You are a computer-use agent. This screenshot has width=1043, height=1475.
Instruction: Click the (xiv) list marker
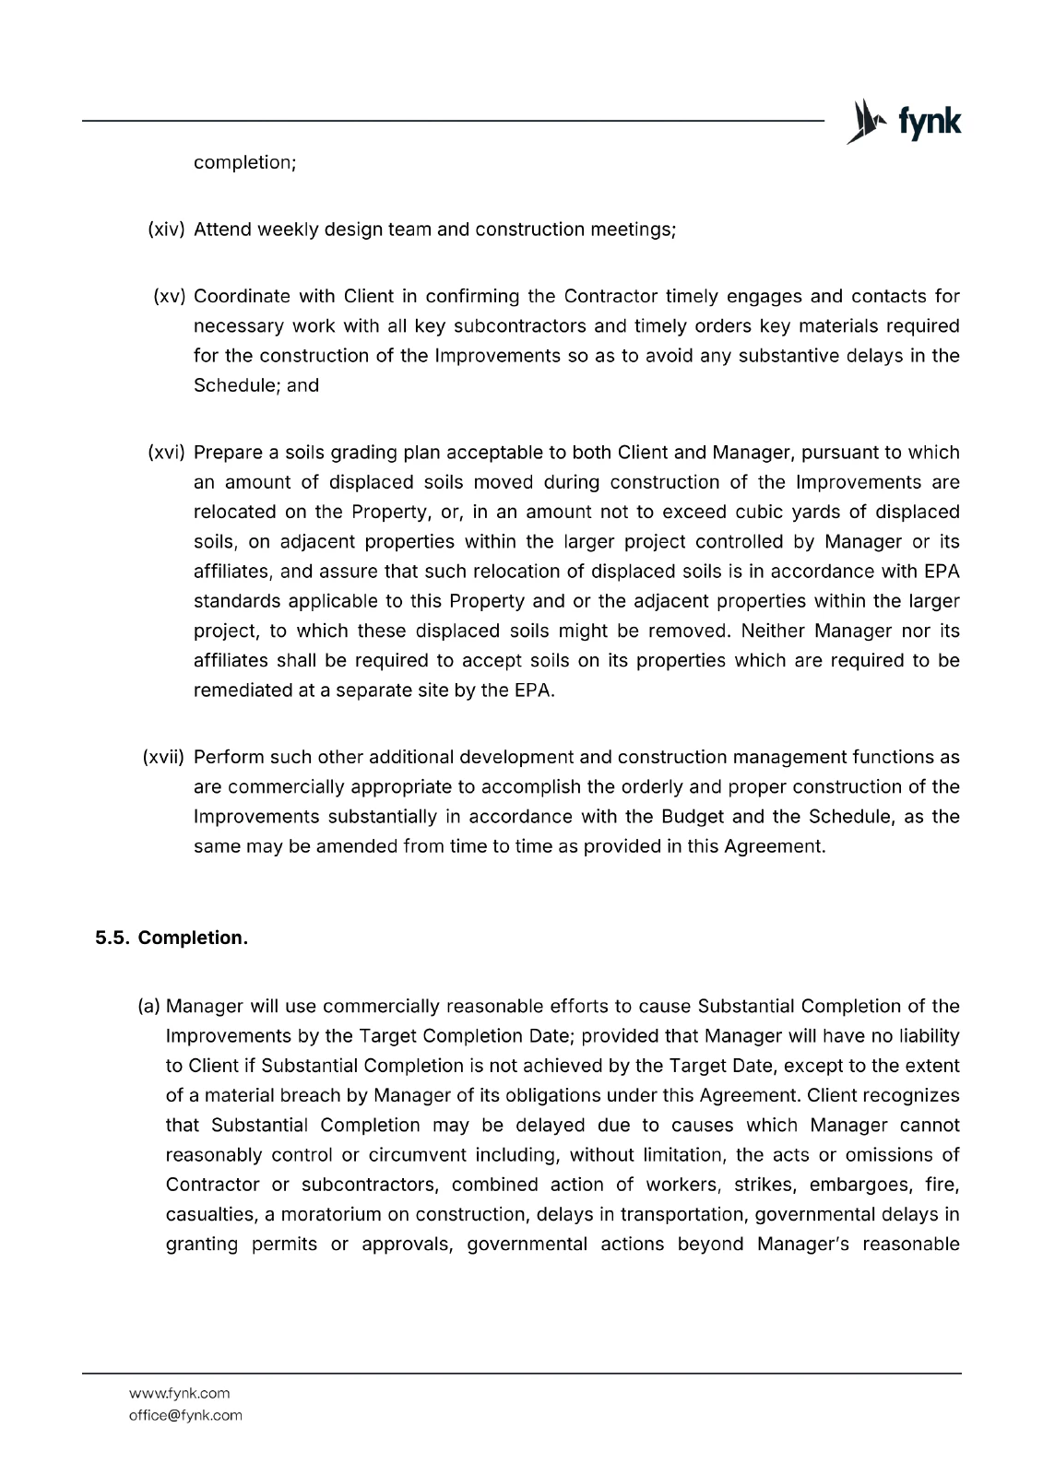click(x=167, y=230)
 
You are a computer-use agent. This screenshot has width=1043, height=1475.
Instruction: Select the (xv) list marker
click(x=170, y=296)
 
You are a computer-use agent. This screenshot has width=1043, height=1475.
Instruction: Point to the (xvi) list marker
click(x=167, y=453)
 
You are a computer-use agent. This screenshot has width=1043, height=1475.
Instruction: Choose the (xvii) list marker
click(x=164, y=757)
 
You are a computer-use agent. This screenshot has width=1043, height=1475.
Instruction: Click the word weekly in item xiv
click(x=287, y=230)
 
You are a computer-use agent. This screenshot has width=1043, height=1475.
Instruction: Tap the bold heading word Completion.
click(x=193, y=938)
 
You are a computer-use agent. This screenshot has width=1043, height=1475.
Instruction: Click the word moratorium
click(x=342, y=1214)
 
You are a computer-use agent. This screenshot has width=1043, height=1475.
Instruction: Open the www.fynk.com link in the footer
click(x=179, y=1393)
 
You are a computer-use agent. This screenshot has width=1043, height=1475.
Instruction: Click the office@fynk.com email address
click(x=185, y=1415)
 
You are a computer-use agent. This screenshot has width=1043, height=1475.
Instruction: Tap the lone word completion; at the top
click(x=244, y=163)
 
